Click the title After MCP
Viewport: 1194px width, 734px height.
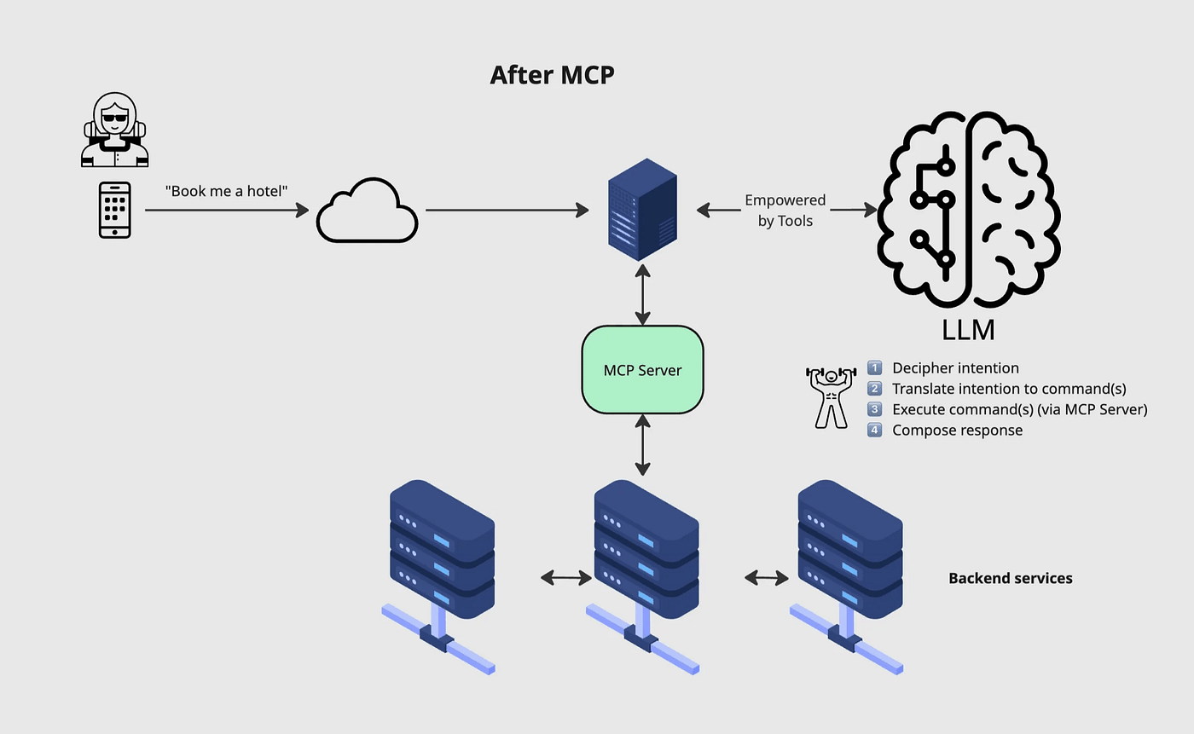click(552, 75)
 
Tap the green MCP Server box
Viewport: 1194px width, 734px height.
click(642, 370)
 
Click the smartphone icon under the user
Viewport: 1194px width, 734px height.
click(115, 210)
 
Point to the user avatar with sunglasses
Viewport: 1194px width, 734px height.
click(115, 130)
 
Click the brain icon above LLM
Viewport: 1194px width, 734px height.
click(969, 210)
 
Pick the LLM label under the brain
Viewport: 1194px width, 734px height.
click(969, 329)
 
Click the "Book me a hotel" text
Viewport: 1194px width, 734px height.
click(226, 191)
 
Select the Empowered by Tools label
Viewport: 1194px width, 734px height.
click(785, 211)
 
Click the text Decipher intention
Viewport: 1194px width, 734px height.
click(955, 368)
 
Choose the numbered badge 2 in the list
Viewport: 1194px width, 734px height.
click(874, 389)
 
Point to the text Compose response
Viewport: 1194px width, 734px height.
click(957, 431)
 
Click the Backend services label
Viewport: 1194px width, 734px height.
click(1011, 578)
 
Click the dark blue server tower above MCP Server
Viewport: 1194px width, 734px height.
click(642, 210)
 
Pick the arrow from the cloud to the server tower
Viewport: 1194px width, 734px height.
click(507, 210)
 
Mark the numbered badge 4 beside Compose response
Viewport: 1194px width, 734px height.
click(874, 431)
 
